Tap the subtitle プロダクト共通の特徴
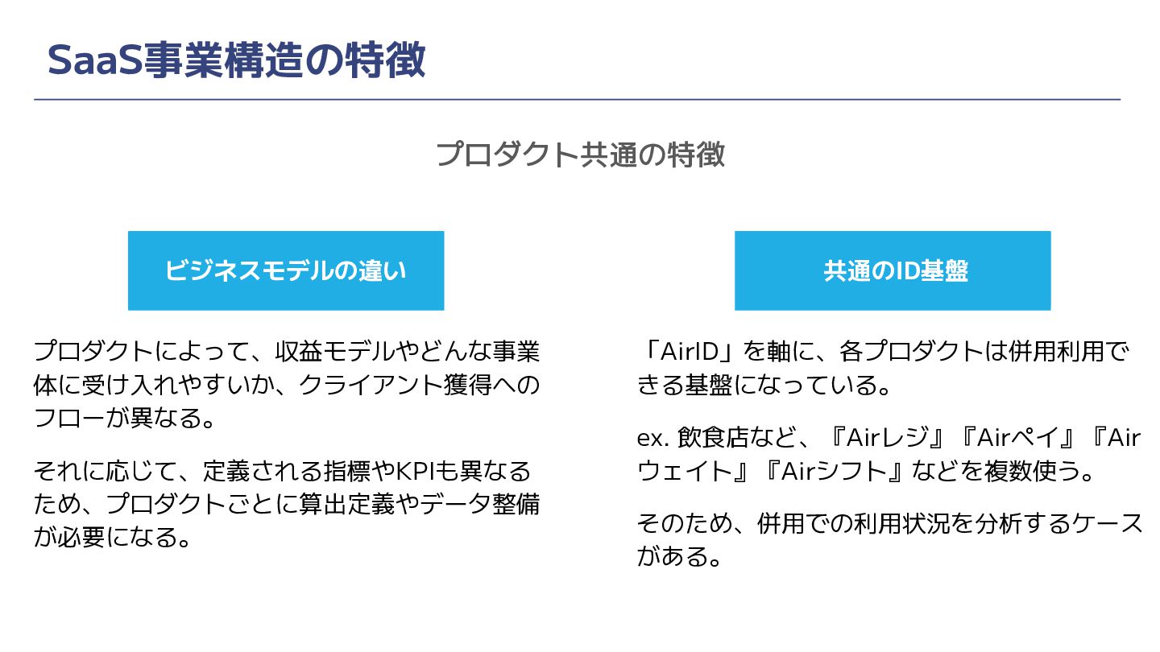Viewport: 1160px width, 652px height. [580, 154]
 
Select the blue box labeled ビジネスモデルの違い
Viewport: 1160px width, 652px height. [286, 270]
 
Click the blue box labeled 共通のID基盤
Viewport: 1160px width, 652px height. [893, 270]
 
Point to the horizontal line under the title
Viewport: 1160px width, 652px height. [577, 100]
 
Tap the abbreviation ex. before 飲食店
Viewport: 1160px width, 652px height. [652, 438]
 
